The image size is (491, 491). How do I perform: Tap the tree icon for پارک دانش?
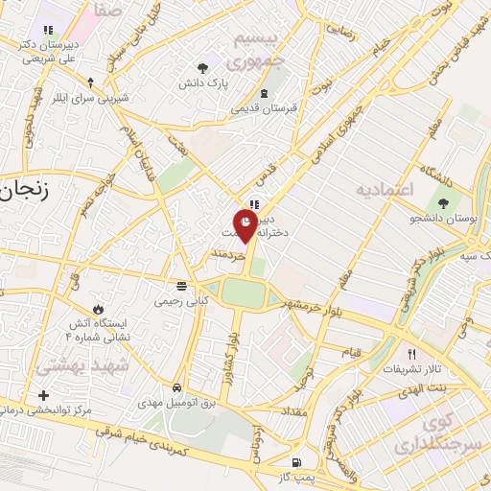202,67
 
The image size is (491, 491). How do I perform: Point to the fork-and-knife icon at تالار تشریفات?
413,352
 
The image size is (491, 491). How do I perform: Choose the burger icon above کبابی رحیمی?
181,286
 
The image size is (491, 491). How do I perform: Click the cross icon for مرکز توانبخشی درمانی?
43,395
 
